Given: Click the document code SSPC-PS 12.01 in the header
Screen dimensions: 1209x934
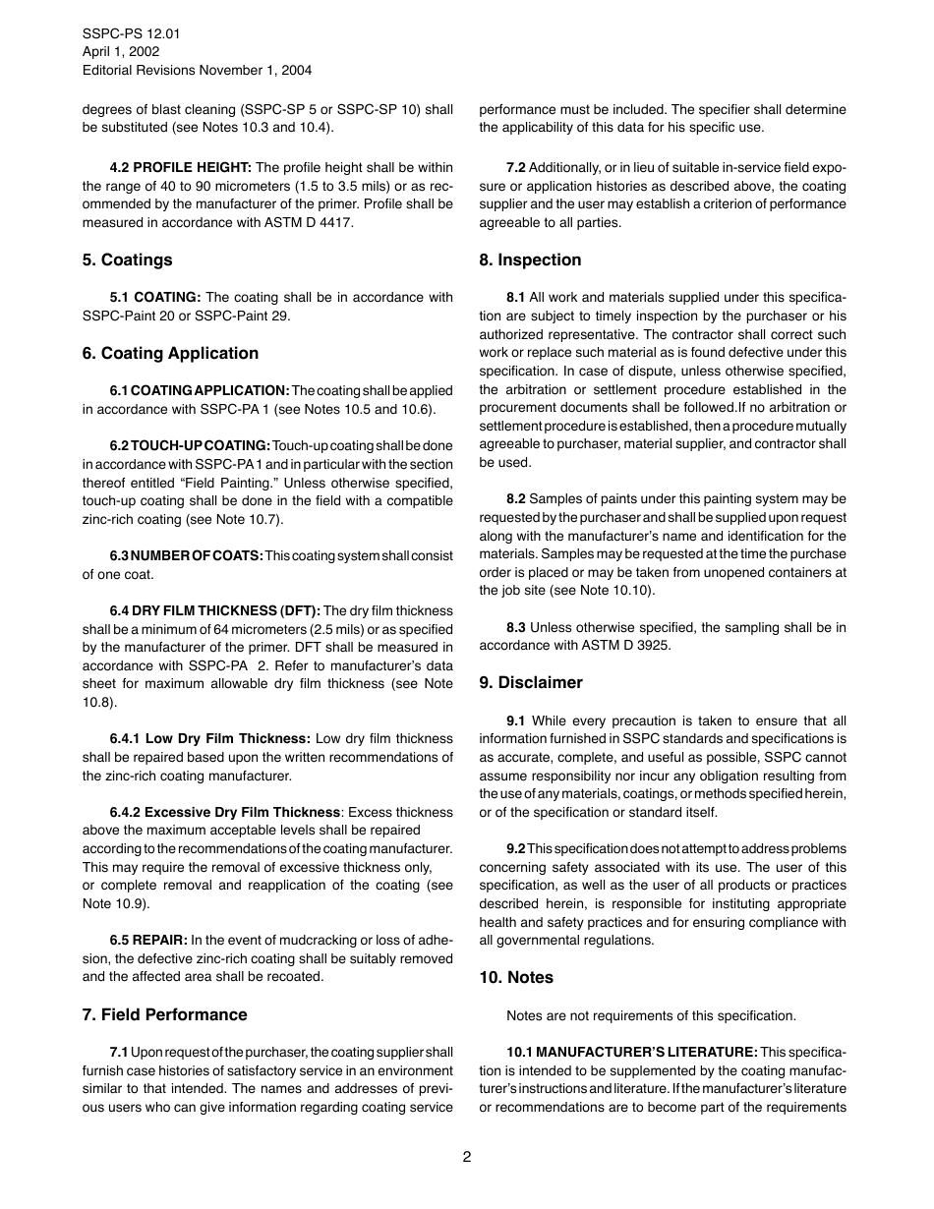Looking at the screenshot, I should pos(131,33).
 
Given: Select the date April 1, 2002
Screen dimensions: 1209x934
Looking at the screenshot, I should pos(121,52).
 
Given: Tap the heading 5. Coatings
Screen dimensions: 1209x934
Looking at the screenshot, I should pos(127,260).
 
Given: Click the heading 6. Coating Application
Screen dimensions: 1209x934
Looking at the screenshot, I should pos(170,354).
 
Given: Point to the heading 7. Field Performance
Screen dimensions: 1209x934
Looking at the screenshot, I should pos(164,1015).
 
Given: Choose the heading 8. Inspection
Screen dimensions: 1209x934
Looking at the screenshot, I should pos(530,260).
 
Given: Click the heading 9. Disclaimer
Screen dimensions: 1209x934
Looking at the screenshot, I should pos(531,683).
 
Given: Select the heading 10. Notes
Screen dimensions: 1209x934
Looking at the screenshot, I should pos(516,978).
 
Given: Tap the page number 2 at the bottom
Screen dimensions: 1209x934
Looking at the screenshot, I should pos(467,1157).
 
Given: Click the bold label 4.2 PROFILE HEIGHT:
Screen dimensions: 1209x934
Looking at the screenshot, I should pos(181,168).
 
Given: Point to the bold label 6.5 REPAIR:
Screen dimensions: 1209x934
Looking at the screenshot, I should pos(148,940).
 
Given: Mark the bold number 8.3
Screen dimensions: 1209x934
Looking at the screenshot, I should pos(516,628).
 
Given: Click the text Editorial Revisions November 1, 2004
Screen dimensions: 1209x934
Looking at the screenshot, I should pos(197,71).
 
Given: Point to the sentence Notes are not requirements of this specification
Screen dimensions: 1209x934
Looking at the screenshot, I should pos(651,1016).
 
